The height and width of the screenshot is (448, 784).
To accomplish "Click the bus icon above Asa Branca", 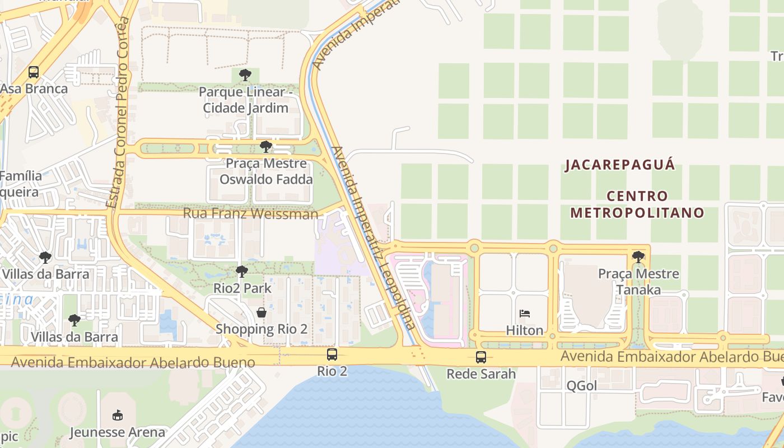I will pyautogui.click(x=34, y=72).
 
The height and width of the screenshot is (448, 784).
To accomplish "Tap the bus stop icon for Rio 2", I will pyautogui.click(x=332, y=354).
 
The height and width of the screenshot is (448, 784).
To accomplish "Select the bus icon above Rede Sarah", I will pyautogui.click(x=480, y=357).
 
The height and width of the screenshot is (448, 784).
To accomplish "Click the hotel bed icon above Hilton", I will pyautogui.click(x=525, y=314).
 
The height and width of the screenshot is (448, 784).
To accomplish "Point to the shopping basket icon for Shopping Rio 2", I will pyautogui.click(x=262, y=312).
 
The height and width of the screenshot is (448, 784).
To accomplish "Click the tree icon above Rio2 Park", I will pyautogui.click(x=242, y=272).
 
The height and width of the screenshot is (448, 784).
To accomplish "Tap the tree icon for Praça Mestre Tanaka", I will pyautogui.click(x=638, y=257).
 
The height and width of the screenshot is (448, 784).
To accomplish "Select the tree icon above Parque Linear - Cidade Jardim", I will pyautogui.click(x=245, y=74).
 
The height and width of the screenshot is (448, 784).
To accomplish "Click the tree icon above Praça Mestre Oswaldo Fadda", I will pyautogui.click(x=265, y=147).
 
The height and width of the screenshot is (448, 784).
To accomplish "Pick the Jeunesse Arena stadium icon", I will pyautogui.click(x=117, y=416).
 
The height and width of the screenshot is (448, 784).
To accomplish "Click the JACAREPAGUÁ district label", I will pyautogui.click(x=620, y=165).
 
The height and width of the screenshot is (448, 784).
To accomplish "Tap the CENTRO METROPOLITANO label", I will pyautogui.click(x=637, y=204).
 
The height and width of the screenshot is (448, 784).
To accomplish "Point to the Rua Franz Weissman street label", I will pyautogui.click(x=250, y=214).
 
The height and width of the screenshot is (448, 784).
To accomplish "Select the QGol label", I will pyautogui.click(x=582, y=385).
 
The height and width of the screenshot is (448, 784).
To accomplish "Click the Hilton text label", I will pyautogui.click(x=525, y=330).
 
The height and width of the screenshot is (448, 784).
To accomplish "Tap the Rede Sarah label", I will pyautogui.click(x=480, y=374).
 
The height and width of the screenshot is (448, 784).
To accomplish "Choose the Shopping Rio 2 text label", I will pyautogui.click(x=262, y=329).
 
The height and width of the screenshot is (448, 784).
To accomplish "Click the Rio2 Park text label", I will pyautogui.click(x=242, y=288).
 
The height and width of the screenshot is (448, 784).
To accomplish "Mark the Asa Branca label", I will pyautogui.click(x=34, y=88).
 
